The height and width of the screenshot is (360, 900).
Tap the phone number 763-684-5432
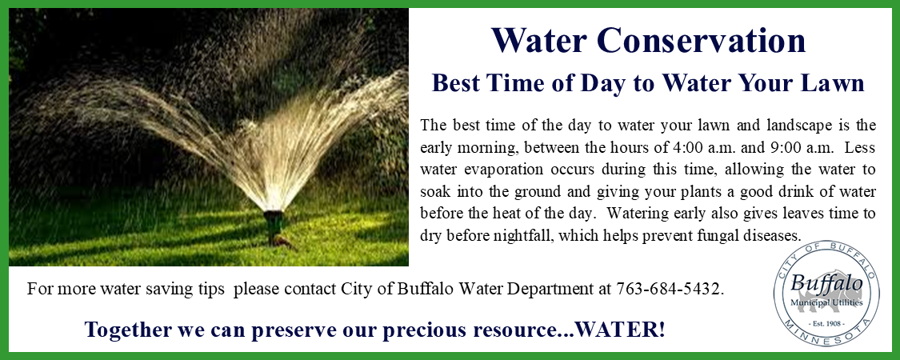click(670, 289)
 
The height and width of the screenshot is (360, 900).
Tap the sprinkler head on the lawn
click(274, 220)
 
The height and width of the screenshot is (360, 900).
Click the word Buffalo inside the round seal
click(826, 284)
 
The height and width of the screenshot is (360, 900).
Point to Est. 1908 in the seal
click(826, 322)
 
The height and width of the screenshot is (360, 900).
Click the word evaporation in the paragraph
click(500, 169)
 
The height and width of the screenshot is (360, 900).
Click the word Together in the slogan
click(129, 329)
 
